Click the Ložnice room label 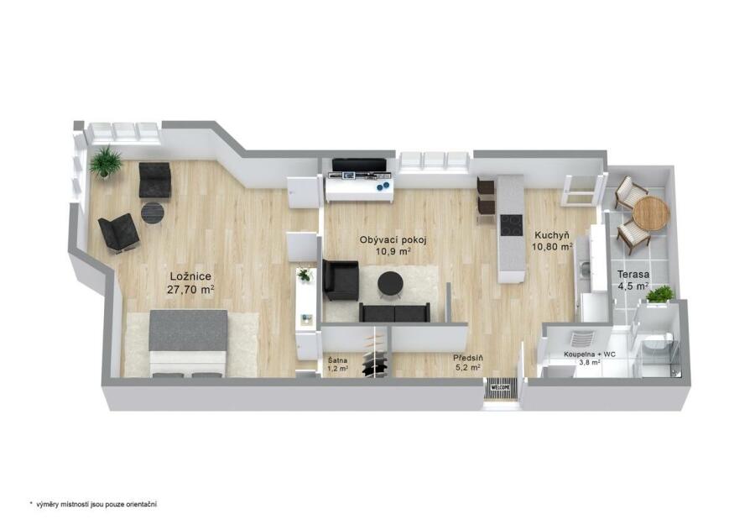(x=190, y=277)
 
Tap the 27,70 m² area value (x=190, y=289)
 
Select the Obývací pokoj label (x=393, y=240)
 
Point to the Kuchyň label (x=552, y=235)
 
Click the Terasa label (x=633, y=275)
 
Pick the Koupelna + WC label (x=589, y=354)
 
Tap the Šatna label (x=338, y=360)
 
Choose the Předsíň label (x=468, y=358)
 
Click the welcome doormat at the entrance (x=500, y=387)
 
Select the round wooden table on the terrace (x=650, y=213)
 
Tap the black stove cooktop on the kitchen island (x=511, y=225)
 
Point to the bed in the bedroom (x=188, y=344)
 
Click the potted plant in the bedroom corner (x=105, y=161)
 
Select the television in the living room (x=359, y=165)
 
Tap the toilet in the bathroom (x=657, y=344)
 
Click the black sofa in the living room (x=394, y=312)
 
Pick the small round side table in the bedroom (x=153, y=213)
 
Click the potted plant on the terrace (x=660, y=294)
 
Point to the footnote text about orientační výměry (x=93, y=504)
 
